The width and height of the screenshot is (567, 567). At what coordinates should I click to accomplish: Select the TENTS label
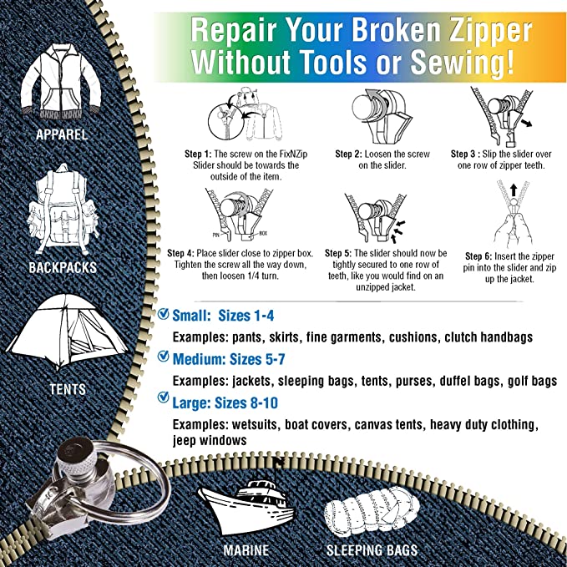pyautogui.click(x=67, y=389)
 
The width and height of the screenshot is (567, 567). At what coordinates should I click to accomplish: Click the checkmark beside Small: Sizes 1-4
pyautogui.click(x=163, y=315)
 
